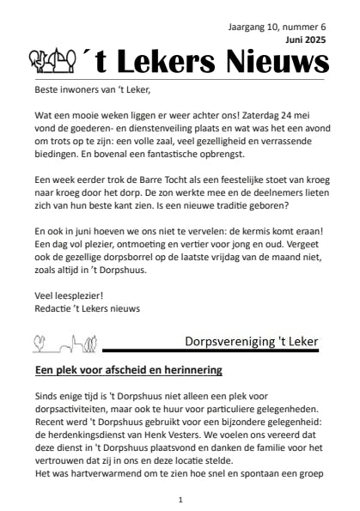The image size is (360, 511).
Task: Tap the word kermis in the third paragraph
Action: (x=268, y=232)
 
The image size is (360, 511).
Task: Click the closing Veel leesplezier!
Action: (x=69, y=295)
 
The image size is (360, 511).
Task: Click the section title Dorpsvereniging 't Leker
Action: (x=251, y=342)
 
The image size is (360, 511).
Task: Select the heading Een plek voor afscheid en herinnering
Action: (x=128, y=371)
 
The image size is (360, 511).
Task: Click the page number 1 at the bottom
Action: (x=180, y=499)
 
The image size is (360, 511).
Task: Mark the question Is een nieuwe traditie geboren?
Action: (x=235, y=207)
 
